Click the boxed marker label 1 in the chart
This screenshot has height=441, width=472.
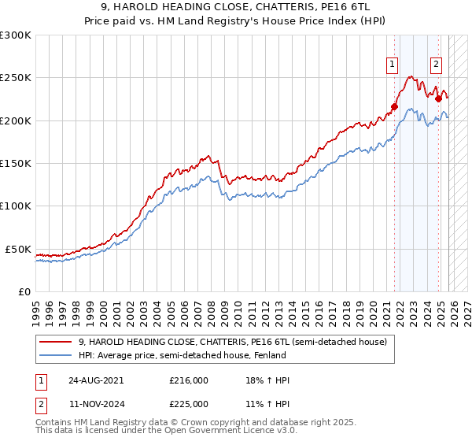(392, 65)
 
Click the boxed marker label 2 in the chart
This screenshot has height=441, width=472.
(436, 65)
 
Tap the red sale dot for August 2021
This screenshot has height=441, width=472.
(395, 107)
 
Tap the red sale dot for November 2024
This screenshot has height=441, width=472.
(438, 99)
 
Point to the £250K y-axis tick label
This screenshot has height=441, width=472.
(16, 78)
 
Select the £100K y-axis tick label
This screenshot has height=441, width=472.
(16, 206)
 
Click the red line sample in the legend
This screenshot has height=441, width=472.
(57, 343)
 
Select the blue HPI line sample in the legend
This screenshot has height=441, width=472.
(57, 356)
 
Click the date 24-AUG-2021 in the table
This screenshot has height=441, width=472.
(95, 380)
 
